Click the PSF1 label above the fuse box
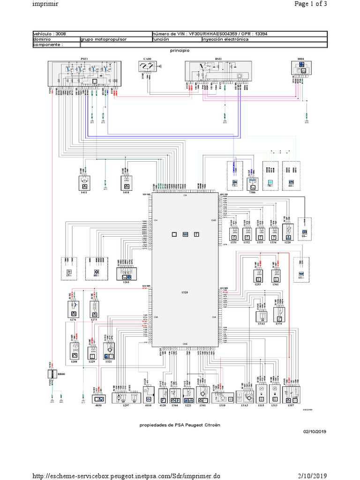click(85, 59)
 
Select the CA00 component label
click(147, 59)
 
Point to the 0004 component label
click(302, 59)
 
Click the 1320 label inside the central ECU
click(184, 292)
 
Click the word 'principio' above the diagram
click(180, 49)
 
